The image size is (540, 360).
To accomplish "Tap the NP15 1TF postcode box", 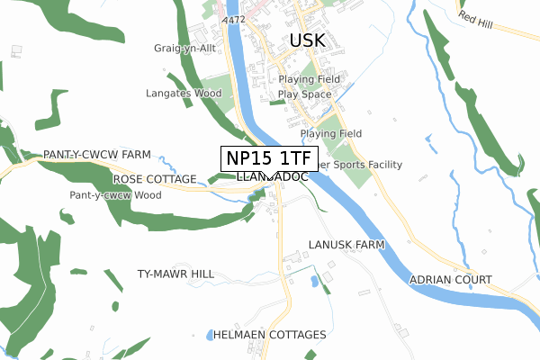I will coord(269,158).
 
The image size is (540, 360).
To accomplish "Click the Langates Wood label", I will coord(184,92).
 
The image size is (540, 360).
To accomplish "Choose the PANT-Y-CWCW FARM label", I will coord(96,155).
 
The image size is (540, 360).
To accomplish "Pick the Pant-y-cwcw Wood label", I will coord(115,194).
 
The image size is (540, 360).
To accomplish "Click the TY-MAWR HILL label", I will coord(175,274).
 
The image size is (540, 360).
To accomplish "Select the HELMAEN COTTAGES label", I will coord(269,335).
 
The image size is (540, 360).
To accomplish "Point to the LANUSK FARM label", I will coord(346,245).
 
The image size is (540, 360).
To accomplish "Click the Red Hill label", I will coord(478,17).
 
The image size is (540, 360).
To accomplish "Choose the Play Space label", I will coord(305,94).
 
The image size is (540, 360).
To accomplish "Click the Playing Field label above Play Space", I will coord(309,79).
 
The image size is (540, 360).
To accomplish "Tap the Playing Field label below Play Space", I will coord(331,133).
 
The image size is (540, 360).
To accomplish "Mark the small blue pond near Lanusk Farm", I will coord(313,280).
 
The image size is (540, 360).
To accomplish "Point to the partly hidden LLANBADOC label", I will coord(274,178).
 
